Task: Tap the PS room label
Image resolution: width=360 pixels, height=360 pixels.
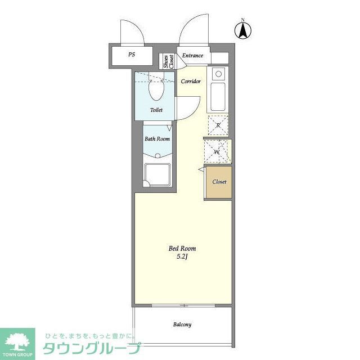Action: pos(132,55)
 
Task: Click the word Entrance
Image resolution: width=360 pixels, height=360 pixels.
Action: pos(192,55)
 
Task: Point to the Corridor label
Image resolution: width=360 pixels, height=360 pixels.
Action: pos(191,81)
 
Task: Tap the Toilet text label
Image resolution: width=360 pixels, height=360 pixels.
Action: pos(156,110)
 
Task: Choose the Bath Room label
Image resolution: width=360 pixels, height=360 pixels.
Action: pos(157,138)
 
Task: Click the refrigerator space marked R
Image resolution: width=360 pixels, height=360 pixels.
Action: pos(218,125)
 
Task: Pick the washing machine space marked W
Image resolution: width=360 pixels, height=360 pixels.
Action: pos(217,151)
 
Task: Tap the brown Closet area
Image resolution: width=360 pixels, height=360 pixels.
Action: pos(218,182)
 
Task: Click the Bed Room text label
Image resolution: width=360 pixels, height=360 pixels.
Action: pos(182,248)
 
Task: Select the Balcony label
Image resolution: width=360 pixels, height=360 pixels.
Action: pos(182,325)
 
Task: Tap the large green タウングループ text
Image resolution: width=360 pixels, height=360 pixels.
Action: pos(89,348)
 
